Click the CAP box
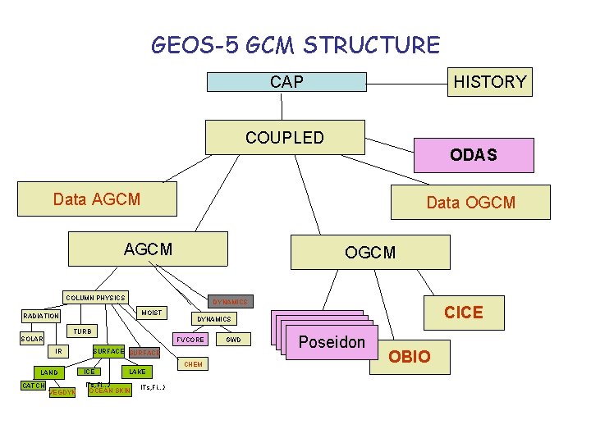pyautogui.click(x=286, y=81)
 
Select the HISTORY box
pyautogui.click(x=489, y=81)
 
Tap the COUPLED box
pyautogui.click(x=285, y=137)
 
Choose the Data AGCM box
pyautogui.click(x=97, y=199)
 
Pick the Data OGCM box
pyautogui.click(x=470, y=202)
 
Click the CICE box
pyautogui.click(x=463, y=312)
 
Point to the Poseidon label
pyautogui.click(x=331, y=341)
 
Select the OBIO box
pyautogui.click(x=410, y=357)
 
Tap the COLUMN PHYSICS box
pyautogui.click(x=96, y=297)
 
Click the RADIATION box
pyautogui.click(x=41, y=316)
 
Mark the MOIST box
pyautogui.click(x=151, y=313)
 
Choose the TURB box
pyautogui.click(x=83, y=331)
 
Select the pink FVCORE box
pyautogui.click(x=190, y=339)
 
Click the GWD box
pyautogui.click(x=233, y=339)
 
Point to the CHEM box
pyautogui.click(x=193, y=363)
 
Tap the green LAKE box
pyautogui.click(x=136, y=372)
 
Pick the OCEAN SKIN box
pyautogui.click(x=109, y=390)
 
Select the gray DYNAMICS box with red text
pyautogui.click(x=230, y=302)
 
